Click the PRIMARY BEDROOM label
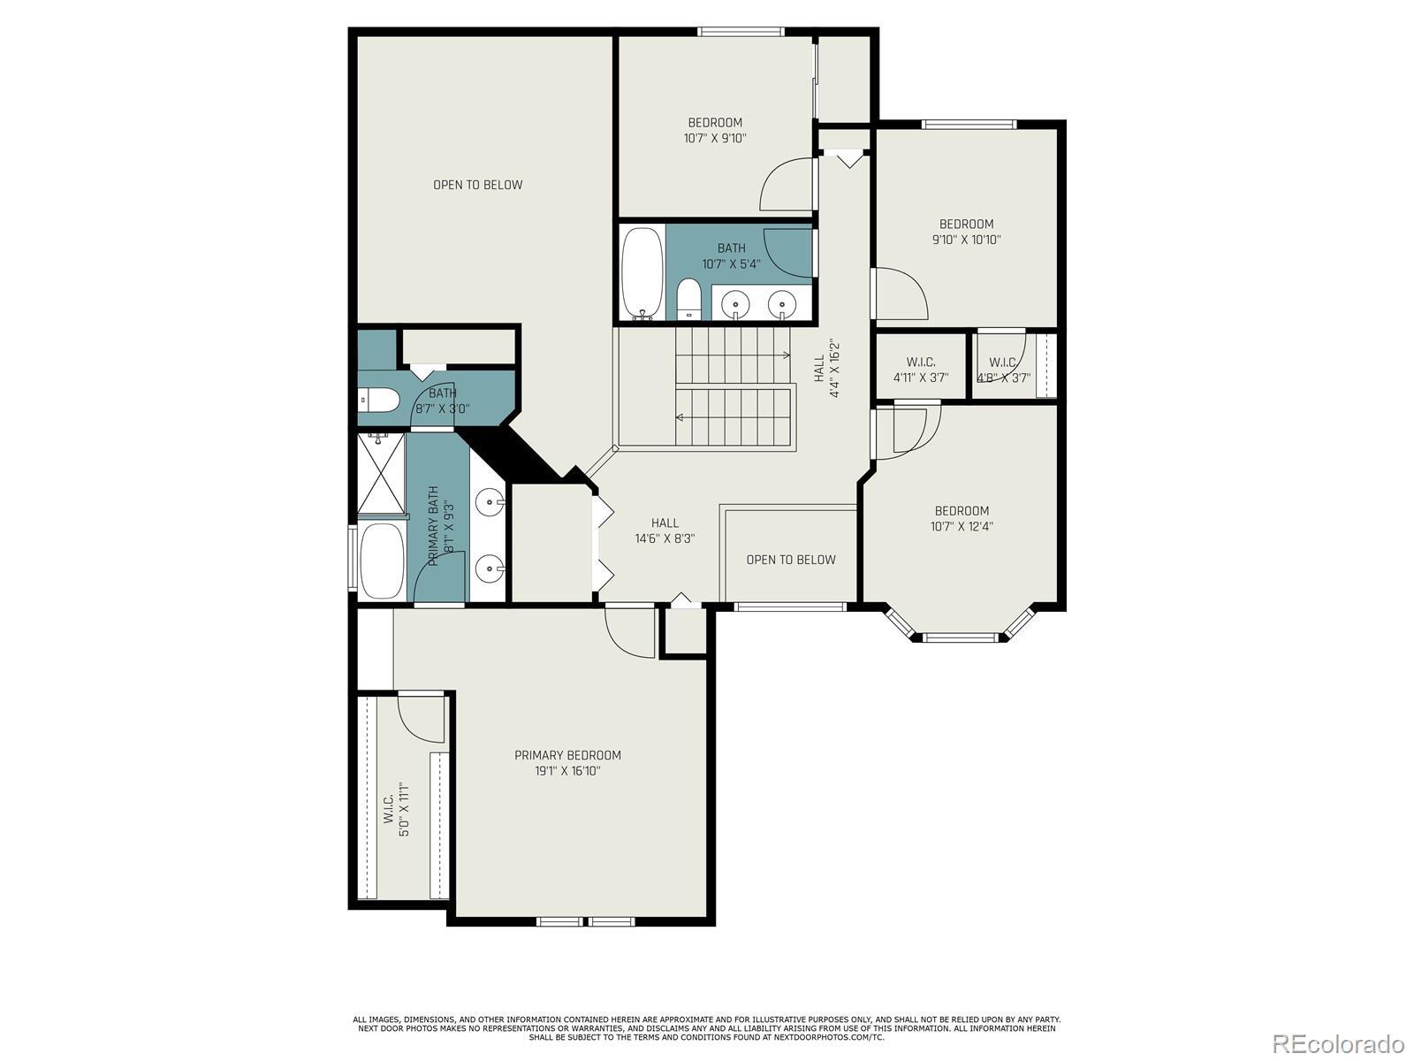coord(567,755)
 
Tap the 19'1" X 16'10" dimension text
coord(567,771)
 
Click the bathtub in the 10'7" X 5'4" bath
coord(642,273)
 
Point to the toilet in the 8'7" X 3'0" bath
coord(379,400)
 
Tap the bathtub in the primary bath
coord(382,561)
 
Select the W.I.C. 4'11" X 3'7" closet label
coord(921,370)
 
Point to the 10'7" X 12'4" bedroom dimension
coord(962,526)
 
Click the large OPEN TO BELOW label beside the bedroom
coord(478,185)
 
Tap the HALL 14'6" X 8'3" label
coord(665,530)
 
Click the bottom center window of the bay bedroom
coord(961,637)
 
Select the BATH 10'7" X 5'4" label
coord(731,256)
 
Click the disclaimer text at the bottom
coord(707,1029)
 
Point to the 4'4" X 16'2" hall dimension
coord(834,369)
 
